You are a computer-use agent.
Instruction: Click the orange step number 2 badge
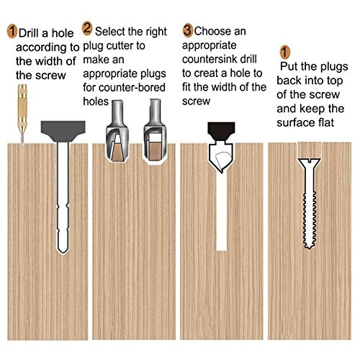pyautogui.click(x=87, y=30)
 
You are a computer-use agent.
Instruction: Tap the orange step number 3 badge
pyautogui.click(x=188, y=30)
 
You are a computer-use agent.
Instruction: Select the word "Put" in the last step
pyautogui.click(x=289, y=66)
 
